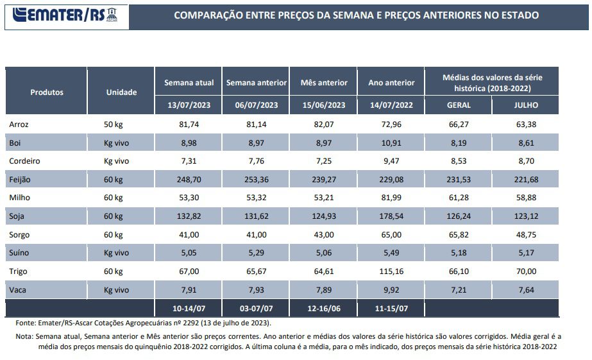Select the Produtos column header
47,92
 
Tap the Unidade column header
121,92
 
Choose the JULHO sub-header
525,105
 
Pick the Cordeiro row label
25,160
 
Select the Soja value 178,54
391,216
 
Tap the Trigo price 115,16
391,271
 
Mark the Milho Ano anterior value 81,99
391,198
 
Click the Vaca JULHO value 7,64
525,290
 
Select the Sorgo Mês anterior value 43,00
323,235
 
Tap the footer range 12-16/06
323,308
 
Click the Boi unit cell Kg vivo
117,142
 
